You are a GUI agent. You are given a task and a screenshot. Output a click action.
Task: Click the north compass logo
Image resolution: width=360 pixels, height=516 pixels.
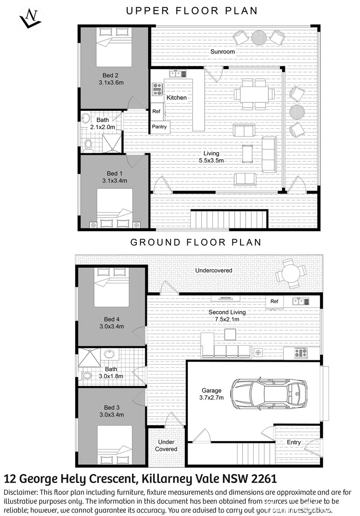pyautogui.click(x=30, y=18)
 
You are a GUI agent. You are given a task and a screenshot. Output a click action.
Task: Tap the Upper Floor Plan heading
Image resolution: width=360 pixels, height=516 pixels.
pyautogui.click(x=192, y=11)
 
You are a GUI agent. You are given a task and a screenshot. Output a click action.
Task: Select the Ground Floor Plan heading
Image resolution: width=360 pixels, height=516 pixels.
pyautogui.click(x=196, y=242)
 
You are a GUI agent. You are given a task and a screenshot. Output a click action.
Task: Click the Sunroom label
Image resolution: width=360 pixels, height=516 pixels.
pyautogui.click(x=222, y=51)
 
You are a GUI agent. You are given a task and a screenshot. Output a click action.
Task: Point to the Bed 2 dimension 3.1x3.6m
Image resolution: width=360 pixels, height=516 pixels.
pyautogui.click(x=111, y=83)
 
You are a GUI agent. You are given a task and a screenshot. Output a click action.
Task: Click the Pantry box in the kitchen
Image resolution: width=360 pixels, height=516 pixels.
pyautogui.click(x=159, y=127)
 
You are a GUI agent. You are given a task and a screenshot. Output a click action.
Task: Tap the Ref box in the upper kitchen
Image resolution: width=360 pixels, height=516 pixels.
pyautogui.click(x=156, y=111)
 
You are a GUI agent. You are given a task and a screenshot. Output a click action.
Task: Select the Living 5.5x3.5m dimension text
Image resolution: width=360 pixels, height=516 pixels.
pyautogui.click(x=211, y=161)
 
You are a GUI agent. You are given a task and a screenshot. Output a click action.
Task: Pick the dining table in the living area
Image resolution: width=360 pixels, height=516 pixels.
pyautogui.click(x=253, y=94)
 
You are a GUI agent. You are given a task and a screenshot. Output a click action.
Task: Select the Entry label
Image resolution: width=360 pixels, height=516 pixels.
pyautogui.click(x=294, y=442)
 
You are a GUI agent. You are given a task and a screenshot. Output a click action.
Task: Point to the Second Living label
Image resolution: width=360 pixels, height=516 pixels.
pyautogui.click(x=227, y=312)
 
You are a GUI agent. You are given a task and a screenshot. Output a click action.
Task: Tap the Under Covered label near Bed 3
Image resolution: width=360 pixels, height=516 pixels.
pyautogui.click(x=166, y=445)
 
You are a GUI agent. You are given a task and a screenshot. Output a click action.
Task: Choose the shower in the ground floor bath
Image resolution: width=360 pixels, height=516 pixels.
pyautogui.click(x=89, y=357)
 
